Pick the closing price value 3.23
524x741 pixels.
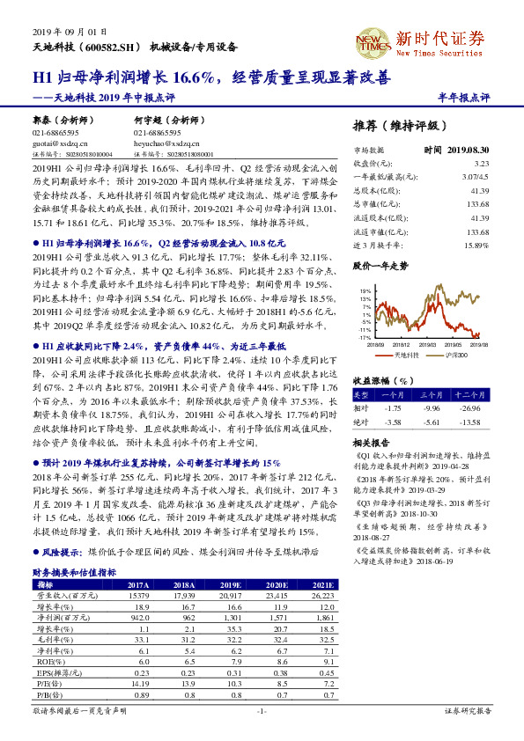[481, 163]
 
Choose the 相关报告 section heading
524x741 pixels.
[370, 441]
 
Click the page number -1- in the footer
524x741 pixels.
[262, 710]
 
